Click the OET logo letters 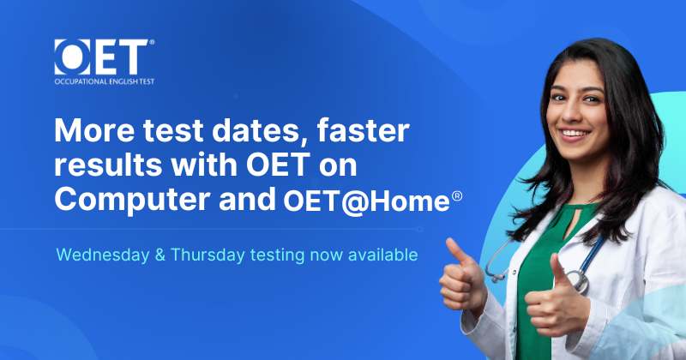(x=101, y=57)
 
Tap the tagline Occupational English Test (x=105, y=81)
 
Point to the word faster (x=363, y=130)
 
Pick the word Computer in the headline (x=132, y=200)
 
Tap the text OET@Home (x=367, y=201)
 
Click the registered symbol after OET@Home (x=457, y=196)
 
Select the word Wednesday (x=103, y=255)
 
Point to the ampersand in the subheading (x=160, y=255)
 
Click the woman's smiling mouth (x=575, y=133)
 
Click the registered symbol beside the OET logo (x=152, y=43)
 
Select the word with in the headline (x=204, y=165)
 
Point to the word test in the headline (x=174, y=131)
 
